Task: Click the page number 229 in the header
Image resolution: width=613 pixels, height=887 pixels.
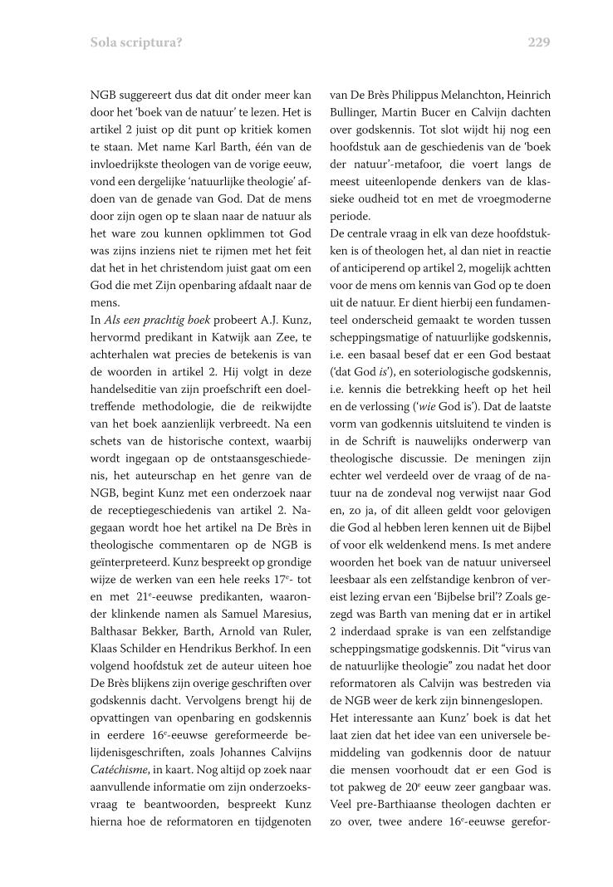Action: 538,42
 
